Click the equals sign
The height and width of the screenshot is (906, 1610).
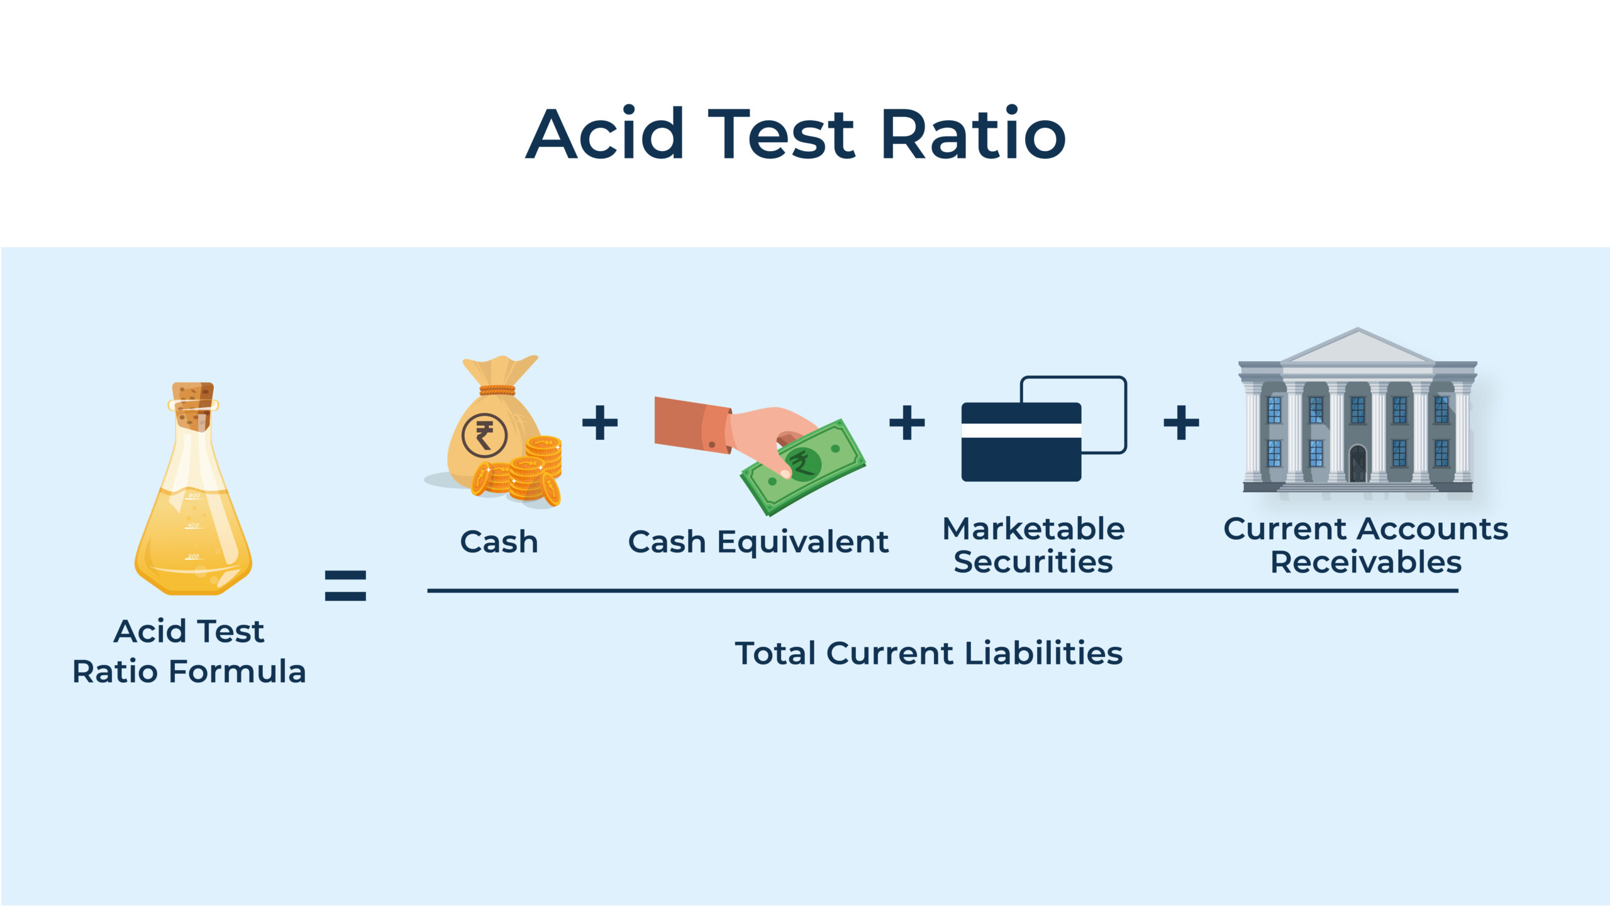345,585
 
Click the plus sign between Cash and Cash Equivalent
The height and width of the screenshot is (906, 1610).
600,422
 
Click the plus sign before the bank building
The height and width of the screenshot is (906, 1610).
1181,422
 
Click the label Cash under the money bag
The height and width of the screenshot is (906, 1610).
499,542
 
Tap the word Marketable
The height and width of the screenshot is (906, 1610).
1033,529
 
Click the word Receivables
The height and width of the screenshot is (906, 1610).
1365,562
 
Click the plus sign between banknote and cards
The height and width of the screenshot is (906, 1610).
906,422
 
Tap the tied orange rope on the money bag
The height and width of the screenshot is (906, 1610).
497,390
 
